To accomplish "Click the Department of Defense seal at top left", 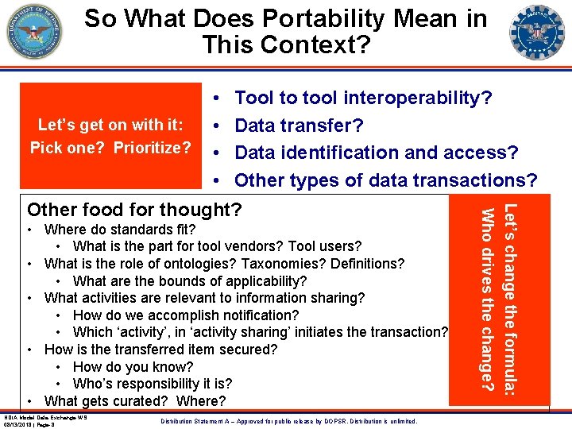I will pyautogui.click(x=34, y=32).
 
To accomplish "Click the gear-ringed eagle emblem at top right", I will pyautogui.click(x=538, y=32).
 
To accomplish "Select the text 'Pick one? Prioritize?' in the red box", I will pyautogui.click(x=110, y=148).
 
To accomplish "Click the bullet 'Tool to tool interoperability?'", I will pyautogui.click(x=363, y=98).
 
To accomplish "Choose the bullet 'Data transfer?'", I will pyautogui.click(x=299, y=125).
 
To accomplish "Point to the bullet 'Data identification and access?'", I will pyautogui.click(x=377, y=152).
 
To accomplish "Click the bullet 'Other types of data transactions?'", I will pyautogui.click(x=385, y=180).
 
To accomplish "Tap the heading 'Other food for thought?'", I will pyautogui.click(x=133, y=210).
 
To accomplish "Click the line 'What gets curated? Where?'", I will pyautogui.click(x=135, y=401).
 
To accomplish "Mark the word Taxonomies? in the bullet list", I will pyautogui.click(x=282, y=264).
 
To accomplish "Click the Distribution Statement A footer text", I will pyautogui.click(x=288, y=420).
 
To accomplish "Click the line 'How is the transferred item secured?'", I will pyautogui.click(x=161, y=350).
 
